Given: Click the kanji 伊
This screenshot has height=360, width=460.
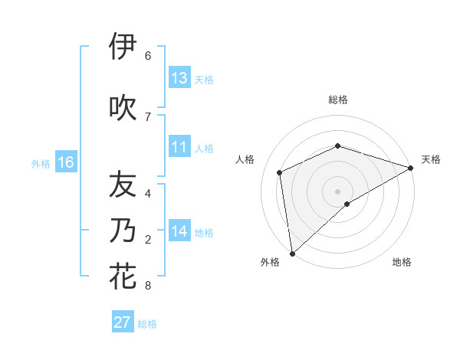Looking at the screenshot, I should (x=123, y=47).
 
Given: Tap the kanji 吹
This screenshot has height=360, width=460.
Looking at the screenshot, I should (x=123, y=107).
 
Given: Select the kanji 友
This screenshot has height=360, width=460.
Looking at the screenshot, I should (x=123, y=185).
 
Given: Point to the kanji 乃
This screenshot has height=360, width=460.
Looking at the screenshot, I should (x=123, y=231).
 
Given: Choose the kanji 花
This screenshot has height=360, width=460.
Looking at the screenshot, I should (x=123, y=276).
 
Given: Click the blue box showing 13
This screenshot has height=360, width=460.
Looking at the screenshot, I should (x=179, y=78).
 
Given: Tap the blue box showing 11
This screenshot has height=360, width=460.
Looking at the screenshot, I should (x=179, y=147).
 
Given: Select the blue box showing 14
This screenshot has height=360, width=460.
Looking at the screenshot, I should (x=179, y=231).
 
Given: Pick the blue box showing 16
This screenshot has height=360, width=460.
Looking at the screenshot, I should (x=66, y=162).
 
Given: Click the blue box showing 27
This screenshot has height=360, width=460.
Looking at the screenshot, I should (x=123, y=322).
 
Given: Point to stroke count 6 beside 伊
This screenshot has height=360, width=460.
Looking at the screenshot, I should (x=147, y=56).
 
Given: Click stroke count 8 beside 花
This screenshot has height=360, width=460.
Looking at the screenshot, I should (x=147, y=286).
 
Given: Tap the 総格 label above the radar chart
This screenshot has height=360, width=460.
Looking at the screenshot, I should (x=337, y=100).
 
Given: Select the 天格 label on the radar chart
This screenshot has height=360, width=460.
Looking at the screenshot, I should (x=432, y=159).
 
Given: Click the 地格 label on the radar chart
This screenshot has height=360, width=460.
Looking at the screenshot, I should (x=402, y=262).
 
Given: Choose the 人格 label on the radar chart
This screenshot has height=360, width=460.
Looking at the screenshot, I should (x=245, y=159).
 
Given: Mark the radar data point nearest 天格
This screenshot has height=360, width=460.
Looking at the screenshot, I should (x=411, y=168).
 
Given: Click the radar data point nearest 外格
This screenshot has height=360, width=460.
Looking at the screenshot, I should (x=292, y=253).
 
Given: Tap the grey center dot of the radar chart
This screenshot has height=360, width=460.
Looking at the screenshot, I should (x=337, y=191).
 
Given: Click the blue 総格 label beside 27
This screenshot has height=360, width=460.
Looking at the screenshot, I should (x=147, y=324).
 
